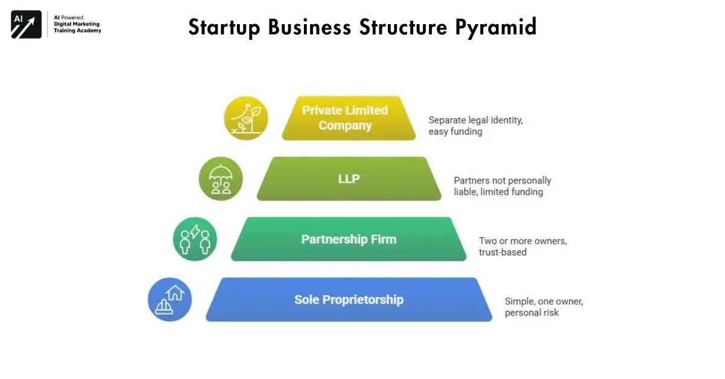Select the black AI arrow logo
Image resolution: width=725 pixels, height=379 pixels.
point(26,24)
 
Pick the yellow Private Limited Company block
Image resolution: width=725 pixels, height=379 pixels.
point(349,118)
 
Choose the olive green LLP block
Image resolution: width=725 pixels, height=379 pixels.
point(349,179)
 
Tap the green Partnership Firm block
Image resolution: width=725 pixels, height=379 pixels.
point(349,239)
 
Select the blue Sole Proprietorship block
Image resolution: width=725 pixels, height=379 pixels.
point(349,299)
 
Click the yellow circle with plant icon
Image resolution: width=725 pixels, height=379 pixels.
point(246,118)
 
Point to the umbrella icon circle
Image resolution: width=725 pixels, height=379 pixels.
point(221,179)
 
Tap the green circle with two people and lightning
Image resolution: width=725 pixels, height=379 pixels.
point(195,239)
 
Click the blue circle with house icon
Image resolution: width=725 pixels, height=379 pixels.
point(170,299)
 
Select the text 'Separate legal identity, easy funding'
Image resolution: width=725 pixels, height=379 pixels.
point(475,126)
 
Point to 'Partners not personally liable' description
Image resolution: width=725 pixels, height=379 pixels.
point(502,186)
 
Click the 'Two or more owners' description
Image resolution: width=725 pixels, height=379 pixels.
point(523,246)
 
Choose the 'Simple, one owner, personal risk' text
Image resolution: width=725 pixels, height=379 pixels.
point(543,307)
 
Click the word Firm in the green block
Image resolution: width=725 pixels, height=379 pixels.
point(384,239)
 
